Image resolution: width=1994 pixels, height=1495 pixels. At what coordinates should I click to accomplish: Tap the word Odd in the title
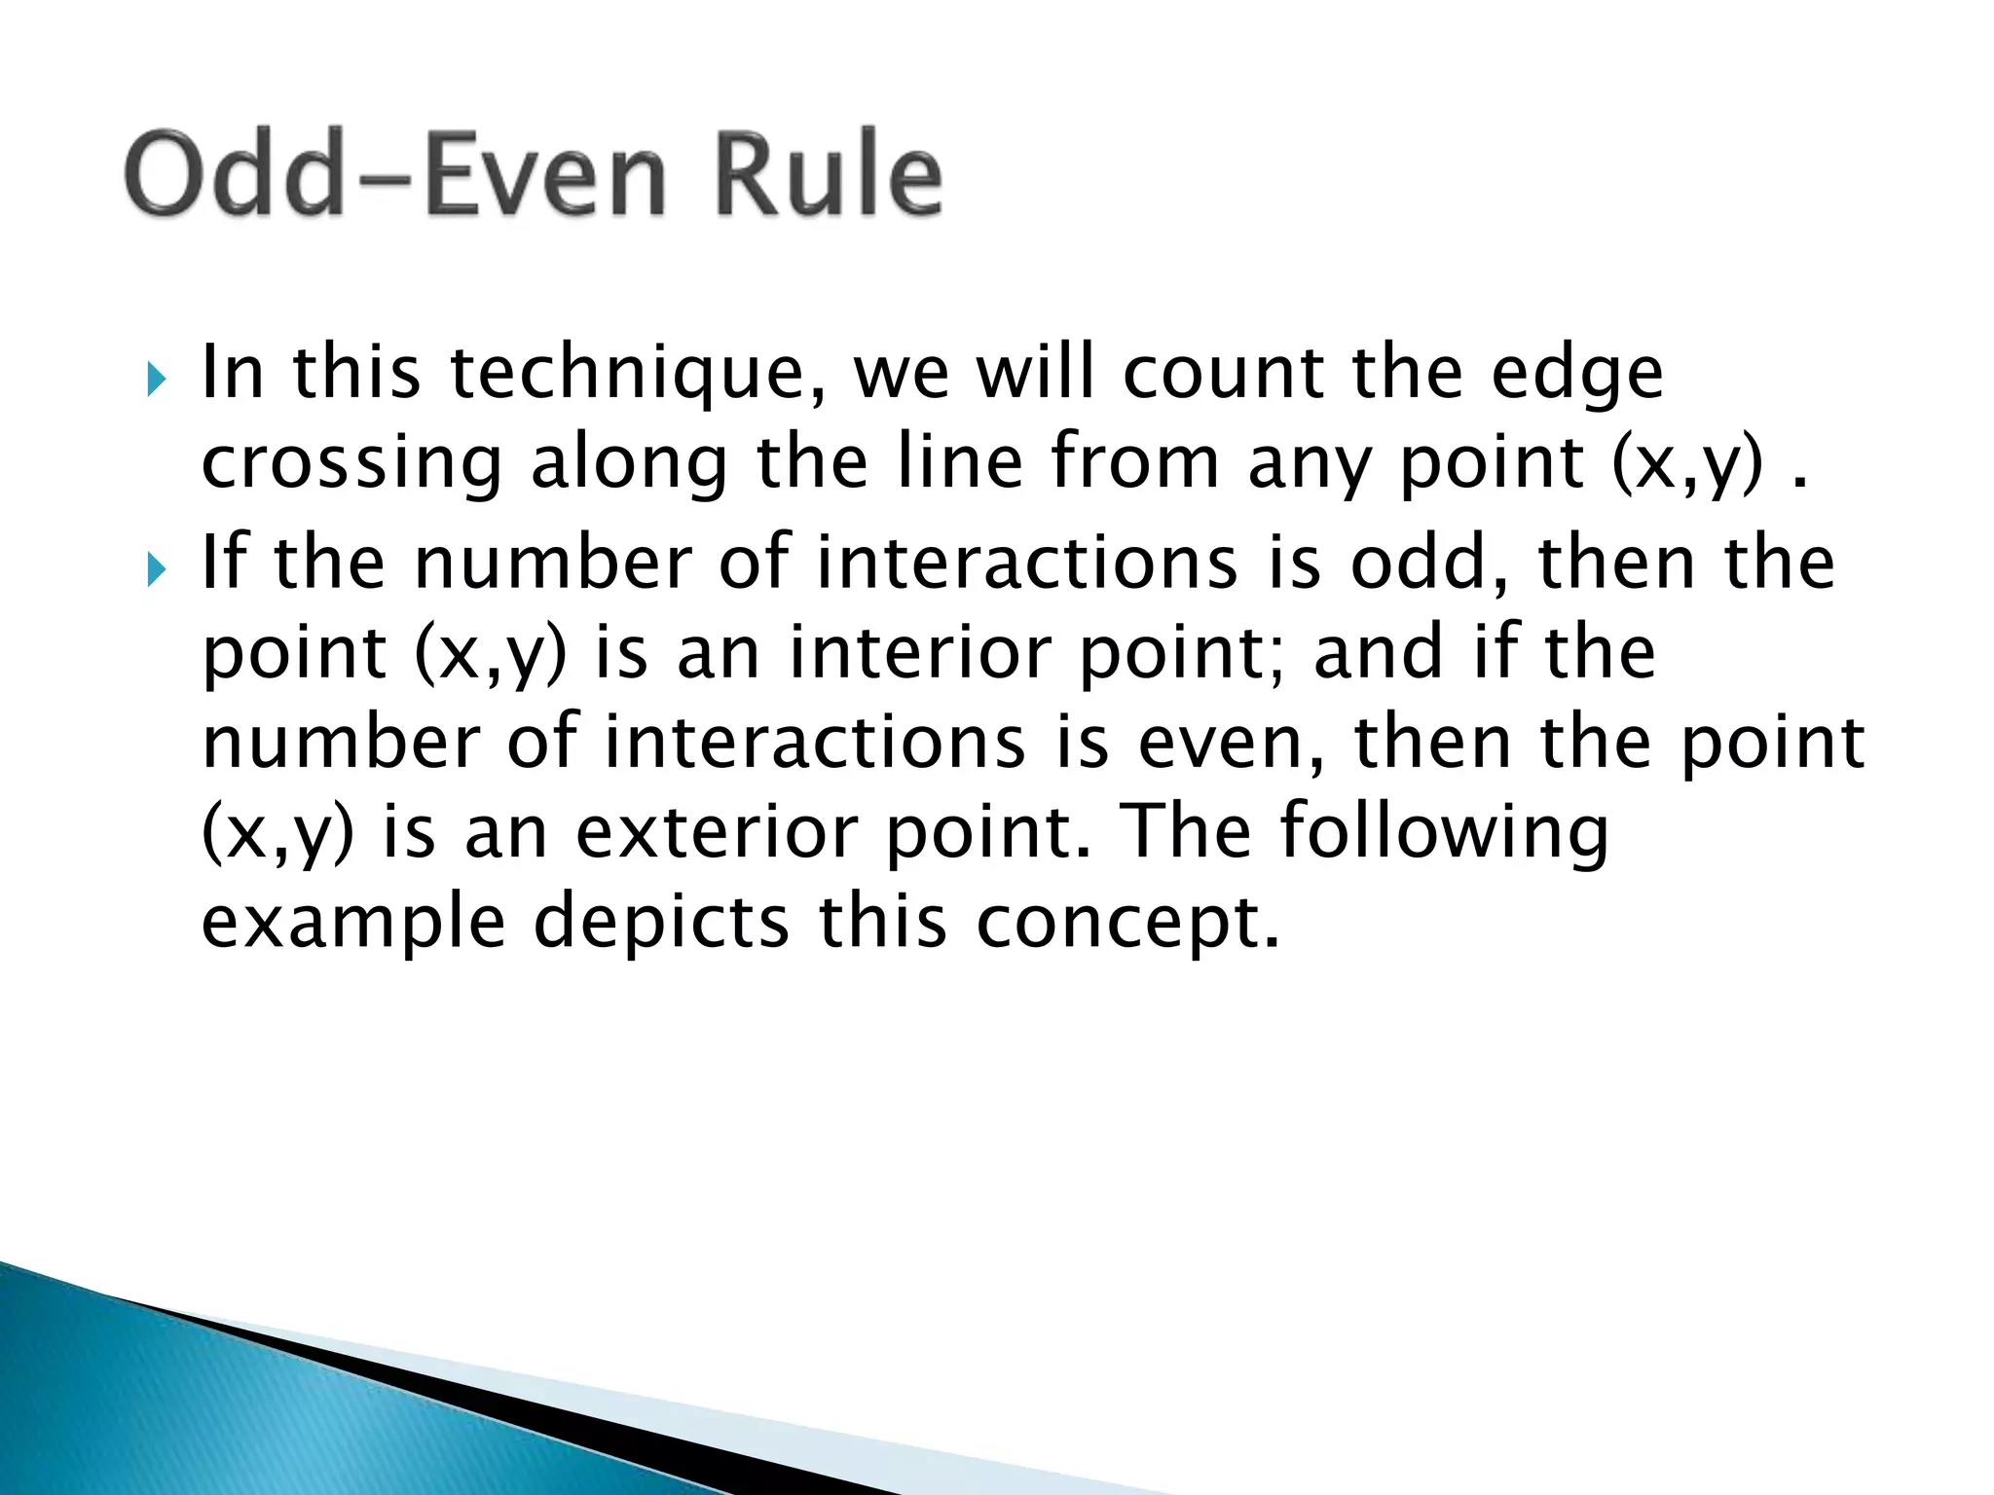pos(234,175)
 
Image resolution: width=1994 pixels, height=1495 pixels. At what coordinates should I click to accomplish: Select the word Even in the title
pos(545,175)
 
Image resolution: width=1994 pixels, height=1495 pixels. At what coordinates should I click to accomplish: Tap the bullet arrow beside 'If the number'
pos(157,567)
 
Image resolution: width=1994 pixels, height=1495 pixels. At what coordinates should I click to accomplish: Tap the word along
pos(629,465)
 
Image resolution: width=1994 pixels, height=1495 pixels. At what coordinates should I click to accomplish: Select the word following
pos(1444,833)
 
